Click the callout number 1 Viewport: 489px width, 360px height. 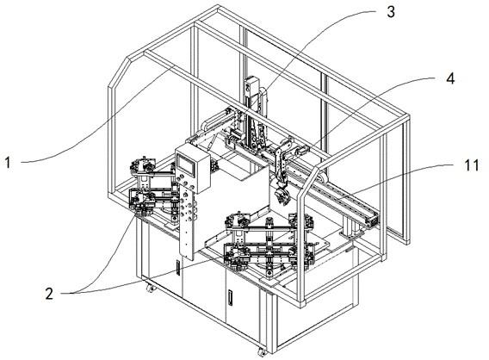[x=8, y=163]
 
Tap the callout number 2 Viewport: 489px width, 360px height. [x=49, y=294]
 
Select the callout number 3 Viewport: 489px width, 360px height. [x=391, y=12]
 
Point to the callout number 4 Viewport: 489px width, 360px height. [x=450, y=78]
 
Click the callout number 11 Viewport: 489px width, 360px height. [x=472, y=165]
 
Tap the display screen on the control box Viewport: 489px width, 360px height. [x=185, y=164]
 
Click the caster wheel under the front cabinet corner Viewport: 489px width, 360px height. [x=263, y=352]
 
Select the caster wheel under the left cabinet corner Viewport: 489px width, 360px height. [x=151, y=288]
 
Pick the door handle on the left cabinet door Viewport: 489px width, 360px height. [x=178, y=268]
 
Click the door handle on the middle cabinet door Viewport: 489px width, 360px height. [x=231, y=298]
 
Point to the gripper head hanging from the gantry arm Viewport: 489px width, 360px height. [x=282, y=196]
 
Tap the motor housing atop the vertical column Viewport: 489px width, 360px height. [x=251, y=87]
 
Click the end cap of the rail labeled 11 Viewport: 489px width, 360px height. [x=373, y=220]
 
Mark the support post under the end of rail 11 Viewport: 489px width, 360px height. [x=348, y=227]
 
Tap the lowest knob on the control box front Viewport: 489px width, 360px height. [x=193, y=187]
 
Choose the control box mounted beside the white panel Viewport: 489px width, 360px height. [x=193, y=169]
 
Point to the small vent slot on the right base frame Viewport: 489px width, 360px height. [x=349, y=249]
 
